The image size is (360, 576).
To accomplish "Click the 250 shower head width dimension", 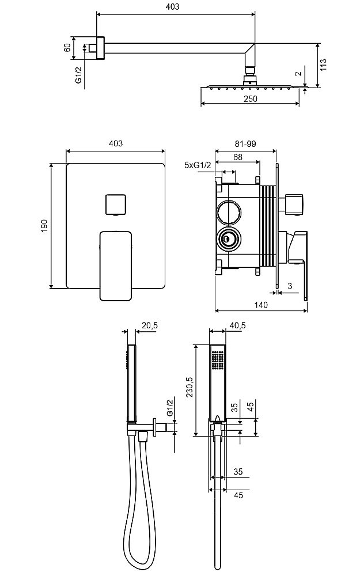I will point(250,98).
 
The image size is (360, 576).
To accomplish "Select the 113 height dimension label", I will point(324,65).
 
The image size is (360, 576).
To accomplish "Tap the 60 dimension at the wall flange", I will point(67,47).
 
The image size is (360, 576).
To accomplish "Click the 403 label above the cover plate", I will point(116,143).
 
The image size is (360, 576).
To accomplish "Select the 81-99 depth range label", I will point(245,144).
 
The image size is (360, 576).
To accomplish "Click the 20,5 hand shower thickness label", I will point(150,325).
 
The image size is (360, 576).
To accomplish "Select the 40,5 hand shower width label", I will point(237,325).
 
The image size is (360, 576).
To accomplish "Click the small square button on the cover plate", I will point(115,204).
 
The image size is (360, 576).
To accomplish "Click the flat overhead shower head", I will point(250,87).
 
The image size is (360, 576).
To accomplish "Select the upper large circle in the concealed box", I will point(228,213).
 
